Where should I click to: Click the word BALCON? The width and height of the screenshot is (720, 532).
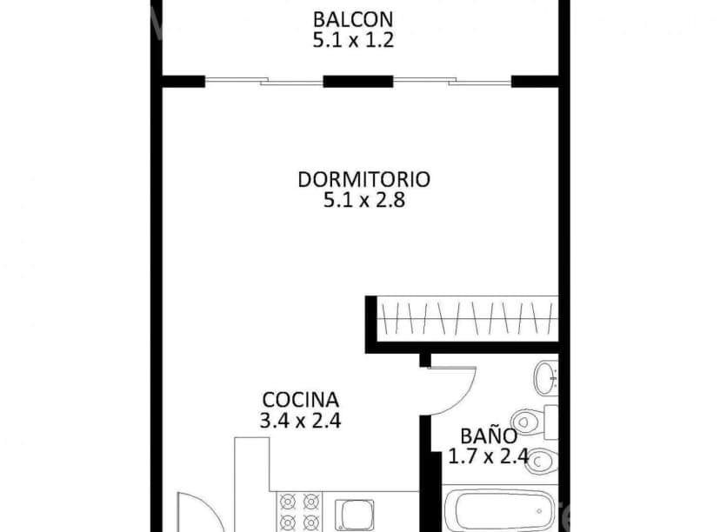click(353, 18)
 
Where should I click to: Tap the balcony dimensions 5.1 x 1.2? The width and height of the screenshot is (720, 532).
click(353, 39)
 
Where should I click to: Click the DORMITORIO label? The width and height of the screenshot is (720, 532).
click(364, 179)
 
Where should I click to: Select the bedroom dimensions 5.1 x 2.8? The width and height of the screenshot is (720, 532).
click(364, 201)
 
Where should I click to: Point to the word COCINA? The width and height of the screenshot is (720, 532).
click(300, 400)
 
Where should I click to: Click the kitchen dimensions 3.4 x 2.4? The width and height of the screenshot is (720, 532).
click(300, 422)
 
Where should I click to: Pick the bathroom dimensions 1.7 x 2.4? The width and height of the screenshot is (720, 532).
click(489, 456)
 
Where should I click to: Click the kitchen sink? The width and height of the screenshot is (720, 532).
click(356, 512)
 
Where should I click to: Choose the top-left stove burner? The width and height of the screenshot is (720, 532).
click(287, 502)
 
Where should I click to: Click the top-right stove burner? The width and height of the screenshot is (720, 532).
click(310, 502)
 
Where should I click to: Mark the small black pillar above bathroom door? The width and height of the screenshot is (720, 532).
click(425, 360)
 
